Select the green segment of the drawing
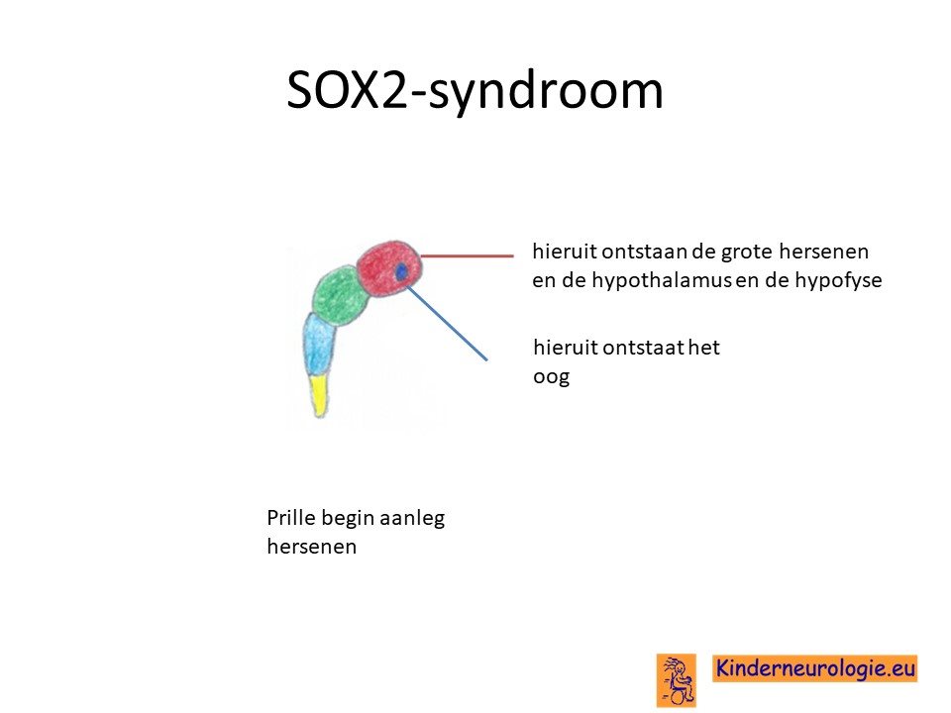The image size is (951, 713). tap(341, 296)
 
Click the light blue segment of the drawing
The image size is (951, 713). tap(318, 345)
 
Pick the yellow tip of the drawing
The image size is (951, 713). tap(320, 395)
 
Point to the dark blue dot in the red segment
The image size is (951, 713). tap(401, 272)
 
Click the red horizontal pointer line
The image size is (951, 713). tap(467, 255)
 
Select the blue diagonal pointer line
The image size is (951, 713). tap(447, 323)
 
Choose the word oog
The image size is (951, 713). tap(552, 377)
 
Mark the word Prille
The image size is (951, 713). tap(291, 518)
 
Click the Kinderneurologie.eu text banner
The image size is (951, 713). tap(814, 668)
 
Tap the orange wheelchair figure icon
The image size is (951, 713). tap(677, 680)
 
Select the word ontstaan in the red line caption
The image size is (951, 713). tap(647, 251)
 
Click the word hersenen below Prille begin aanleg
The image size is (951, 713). tap(312, 547)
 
